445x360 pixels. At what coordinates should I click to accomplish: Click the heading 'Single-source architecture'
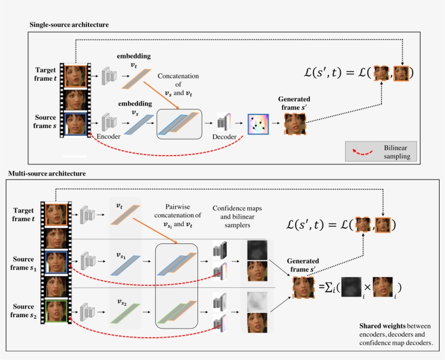coord(69,25)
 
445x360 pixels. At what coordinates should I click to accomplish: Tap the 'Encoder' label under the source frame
coord(108,137)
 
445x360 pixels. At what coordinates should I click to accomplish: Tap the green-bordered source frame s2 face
coord(57,311)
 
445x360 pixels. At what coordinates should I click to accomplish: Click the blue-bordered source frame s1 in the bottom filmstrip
coord(57,262)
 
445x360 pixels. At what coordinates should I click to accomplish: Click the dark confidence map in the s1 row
coord(258,250)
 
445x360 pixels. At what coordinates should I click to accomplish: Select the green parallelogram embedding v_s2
coord(125,312)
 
